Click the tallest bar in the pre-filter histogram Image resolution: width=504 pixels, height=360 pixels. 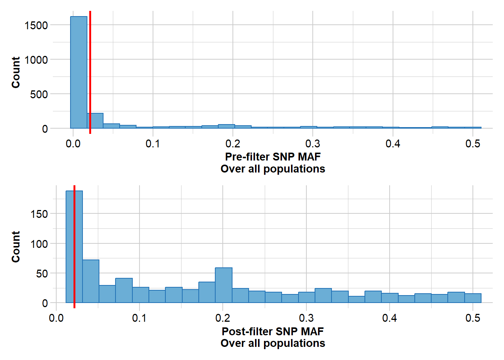(x=79, y=71)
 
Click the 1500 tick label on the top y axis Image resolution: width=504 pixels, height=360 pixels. (x=36, y=25)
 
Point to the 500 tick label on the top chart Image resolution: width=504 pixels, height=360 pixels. (x=39, y=94)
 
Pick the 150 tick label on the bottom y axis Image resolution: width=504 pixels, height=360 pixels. (x=39, y=214)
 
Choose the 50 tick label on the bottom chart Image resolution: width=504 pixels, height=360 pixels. (x=42, y=274)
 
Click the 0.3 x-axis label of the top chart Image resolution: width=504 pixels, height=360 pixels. (x=313, y=144)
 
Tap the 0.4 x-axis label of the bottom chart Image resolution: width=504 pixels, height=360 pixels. (x=390, y=318)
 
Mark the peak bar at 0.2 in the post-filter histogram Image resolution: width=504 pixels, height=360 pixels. (x=223, y=285)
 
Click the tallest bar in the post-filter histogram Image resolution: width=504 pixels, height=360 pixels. (x=70, y=247)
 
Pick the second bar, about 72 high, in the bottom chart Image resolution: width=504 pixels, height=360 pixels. (x=91, y=281)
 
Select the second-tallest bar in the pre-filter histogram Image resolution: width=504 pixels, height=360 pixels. (x=95, y=121)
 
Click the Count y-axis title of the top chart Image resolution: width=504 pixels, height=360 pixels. (x=16, y=72)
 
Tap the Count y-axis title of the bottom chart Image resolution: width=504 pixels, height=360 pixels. (x=16, y=247)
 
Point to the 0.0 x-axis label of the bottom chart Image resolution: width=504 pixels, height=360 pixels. (x=56, y=318)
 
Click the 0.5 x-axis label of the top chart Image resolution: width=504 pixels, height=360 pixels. (x=472, y=144)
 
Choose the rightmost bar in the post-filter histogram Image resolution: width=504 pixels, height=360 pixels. (x=472, y=298)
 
